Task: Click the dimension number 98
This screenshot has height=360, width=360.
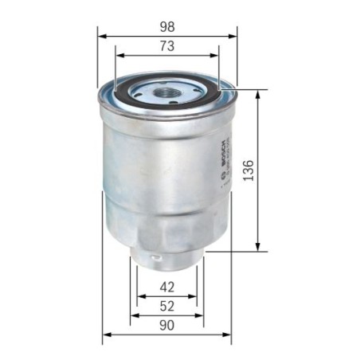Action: click(x=167, y=25)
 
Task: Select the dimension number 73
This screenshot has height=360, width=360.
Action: click(x=167, y=46)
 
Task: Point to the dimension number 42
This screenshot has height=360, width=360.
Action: click(x=166, y=288)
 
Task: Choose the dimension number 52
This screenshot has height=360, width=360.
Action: click(x=166, y=306)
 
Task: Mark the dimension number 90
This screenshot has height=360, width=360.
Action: click(x=166, y=325)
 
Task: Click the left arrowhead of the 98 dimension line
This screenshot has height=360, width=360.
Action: click(x=101, y=36)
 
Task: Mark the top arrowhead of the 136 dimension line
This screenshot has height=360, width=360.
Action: click(x=257, y=93)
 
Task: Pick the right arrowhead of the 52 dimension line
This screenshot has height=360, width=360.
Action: click(x=200, y=315)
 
